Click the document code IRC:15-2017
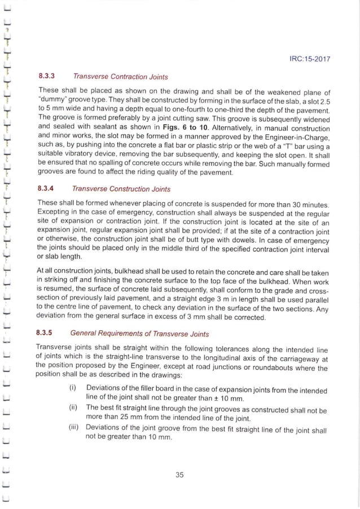click(310, 58)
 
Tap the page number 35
click(180, 474)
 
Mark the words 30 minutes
click(308, 203)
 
